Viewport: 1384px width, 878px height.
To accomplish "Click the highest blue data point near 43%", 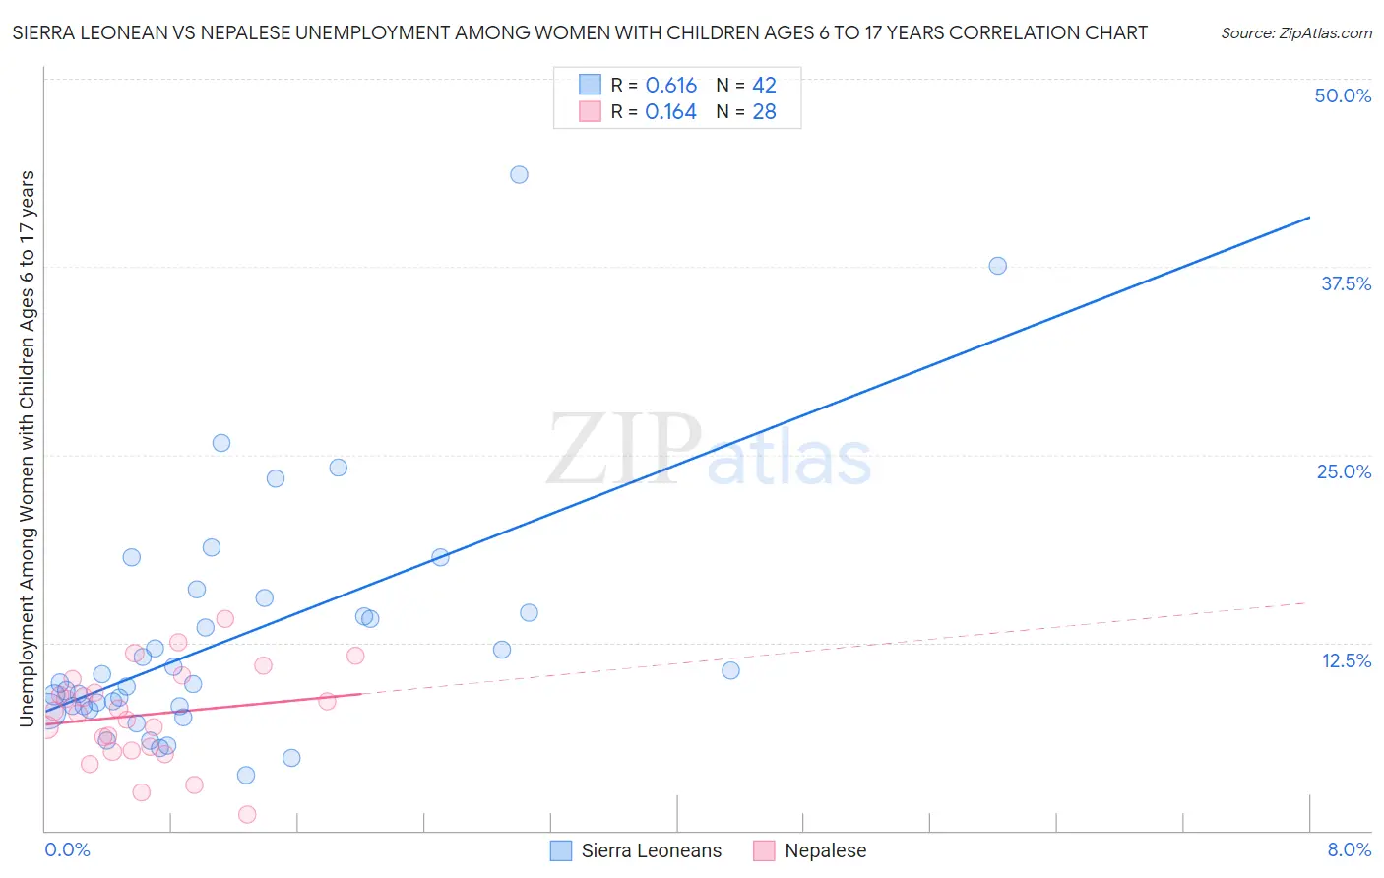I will coord(519,174).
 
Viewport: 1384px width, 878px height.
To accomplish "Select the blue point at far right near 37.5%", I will coord(997,266).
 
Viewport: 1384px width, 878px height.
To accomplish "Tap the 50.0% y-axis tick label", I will coord(1343,95).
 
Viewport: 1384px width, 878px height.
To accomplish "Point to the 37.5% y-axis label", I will coord(1346,283).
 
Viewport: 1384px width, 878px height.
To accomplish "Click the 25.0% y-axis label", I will coord(1344,471).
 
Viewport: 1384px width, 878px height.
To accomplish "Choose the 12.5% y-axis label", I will coord(1346,660).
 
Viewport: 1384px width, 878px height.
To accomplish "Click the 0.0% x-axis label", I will coord(67,849).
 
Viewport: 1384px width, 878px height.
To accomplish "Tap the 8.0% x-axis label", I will coord(1349,849).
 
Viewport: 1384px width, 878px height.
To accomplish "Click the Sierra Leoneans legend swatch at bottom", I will coord(560,850).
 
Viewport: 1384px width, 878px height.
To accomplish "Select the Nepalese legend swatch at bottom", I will coord(764,850).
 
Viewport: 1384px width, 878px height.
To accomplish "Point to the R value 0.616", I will coord(671,86).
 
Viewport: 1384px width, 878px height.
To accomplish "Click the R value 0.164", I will coord(670,112).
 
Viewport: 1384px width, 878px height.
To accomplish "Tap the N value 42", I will coord(764,86).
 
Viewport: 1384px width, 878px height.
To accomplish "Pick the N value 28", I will coord(764,112).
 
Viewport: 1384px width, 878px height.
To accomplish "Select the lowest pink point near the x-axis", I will coord(247,814).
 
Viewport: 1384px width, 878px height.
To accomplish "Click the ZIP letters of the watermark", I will coord(624,449).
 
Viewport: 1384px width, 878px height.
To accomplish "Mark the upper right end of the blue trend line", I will coord(1309,217).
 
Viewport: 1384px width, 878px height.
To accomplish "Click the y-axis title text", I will coord(28,448).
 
